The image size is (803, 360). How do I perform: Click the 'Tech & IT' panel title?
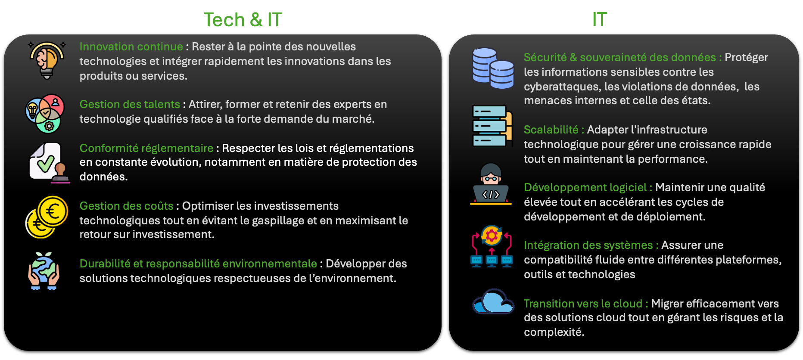[x=243, y=20]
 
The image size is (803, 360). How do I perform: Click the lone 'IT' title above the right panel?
[x=600, y=19]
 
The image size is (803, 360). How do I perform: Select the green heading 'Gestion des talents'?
[x=130, y=104]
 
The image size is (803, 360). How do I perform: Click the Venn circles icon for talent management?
[x=45, y=114]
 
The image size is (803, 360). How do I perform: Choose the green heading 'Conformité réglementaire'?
[x=146, y=148]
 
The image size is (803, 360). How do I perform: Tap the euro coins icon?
[x=47, y=217]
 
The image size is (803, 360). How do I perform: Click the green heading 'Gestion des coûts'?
[x=127, y=206]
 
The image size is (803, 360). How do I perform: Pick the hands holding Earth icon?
[x=44, y=271]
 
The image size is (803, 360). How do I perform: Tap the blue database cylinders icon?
[x=493, y=68]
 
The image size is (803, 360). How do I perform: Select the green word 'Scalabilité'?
[x=551, y=130]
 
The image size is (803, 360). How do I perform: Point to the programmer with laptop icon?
[x=491, y=184]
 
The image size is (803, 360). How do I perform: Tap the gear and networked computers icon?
[x=492, y=246]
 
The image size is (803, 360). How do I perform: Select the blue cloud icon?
[x=493, y=301]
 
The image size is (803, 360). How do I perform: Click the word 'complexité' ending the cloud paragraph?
[x=554, y=332]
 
